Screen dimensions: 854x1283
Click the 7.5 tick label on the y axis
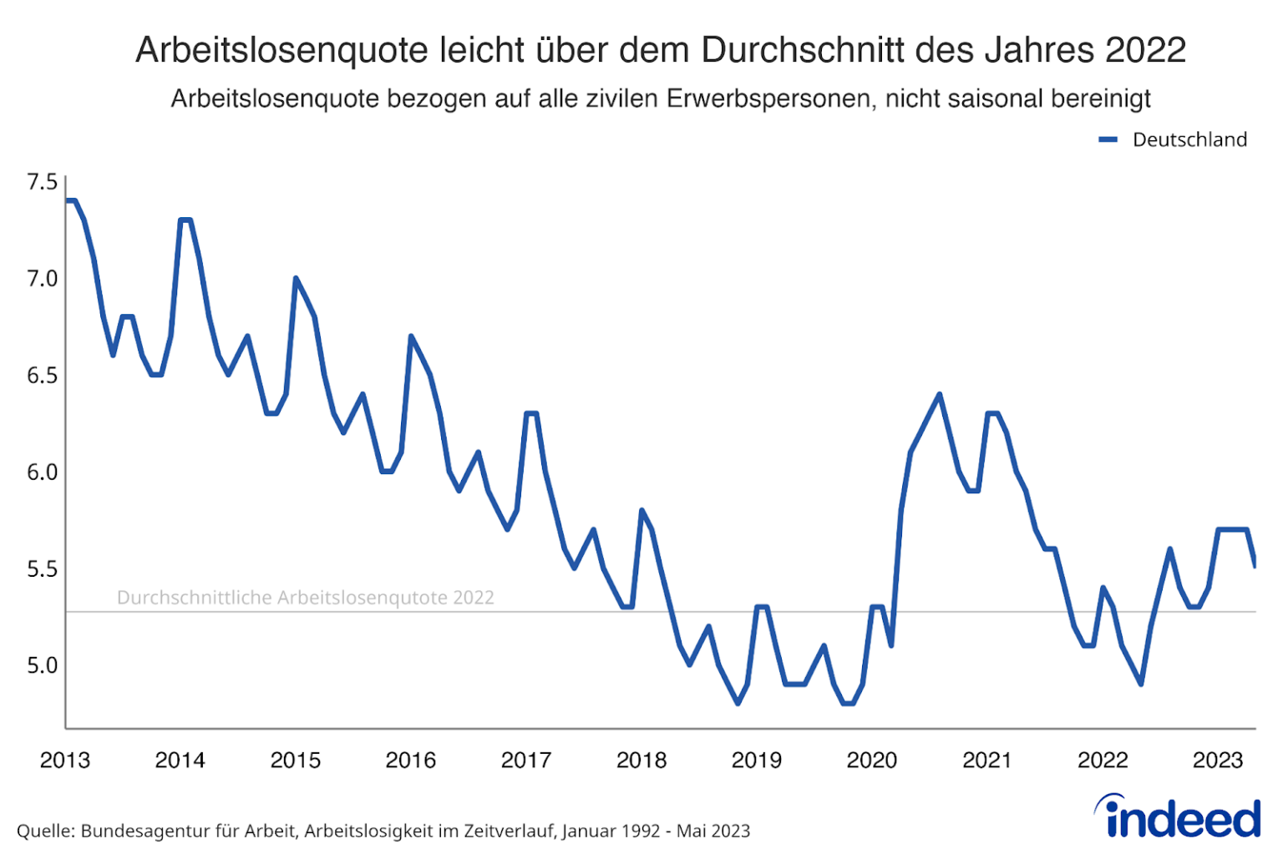[42, 182]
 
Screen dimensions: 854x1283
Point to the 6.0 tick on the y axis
[42, 472]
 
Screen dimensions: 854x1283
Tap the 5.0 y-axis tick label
[42, 666]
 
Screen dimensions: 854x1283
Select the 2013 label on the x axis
[65, 761]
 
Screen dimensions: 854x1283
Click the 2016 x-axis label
[410, 761]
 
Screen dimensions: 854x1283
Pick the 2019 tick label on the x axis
[757, 761]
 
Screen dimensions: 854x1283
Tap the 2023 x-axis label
[1218, 761]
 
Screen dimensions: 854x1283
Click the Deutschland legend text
[1189, 139]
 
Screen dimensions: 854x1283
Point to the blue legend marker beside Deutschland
[1108, 140]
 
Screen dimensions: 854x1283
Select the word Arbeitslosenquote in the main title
[281, 50]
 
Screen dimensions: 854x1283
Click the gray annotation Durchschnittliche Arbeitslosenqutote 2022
[305, 598]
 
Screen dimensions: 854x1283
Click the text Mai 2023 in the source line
[712, 831]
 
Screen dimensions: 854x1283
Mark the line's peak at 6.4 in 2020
[940, 394]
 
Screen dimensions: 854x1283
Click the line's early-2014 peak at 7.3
[185, 220]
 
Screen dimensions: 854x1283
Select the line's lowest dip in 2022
[1141, 684]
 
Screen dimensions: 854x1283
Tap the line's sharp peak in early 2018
[641, 510]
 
